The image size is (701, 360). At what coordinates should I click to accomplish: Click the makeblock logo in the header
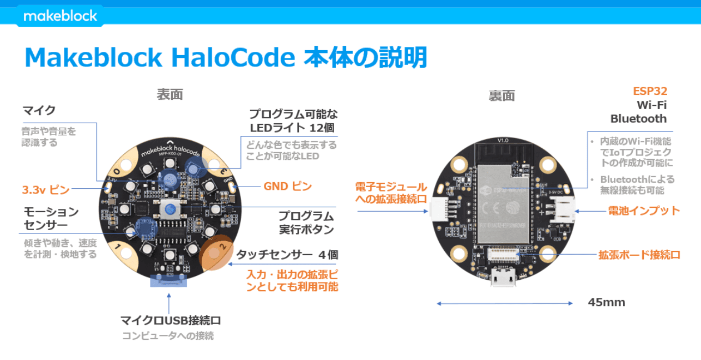tap(60, 16)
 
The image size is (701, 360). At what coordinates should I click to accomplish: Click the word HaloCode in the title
tap(233, 58)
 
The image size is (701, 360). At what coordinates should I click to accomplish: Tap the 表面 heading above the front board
tap(170, 94)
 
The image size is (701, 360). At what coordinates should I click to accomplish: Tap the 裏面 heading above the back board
tap(501, 96)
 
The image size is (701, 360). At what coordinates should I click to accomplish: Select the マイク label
tap(39, 110)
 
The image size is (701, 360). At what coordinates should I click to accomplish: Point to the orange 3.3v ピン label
tap(46, 190)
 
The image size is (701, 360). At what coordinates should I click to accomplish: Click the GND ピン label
tap(288, 186)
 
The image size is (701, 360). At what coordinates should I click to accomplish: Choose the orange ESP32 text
tap(650, 91)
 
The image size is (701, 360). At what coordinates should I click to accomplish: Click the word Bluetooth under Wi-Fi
tap(638, 119)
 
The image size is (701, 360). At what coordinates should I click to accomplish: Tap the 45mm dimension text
tap(607, 302)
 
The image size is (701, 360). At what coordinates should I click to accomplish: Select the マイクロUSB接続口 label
tap(171, 321)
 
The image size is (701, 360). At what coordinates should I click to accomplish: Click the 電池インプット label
tap(644, 211)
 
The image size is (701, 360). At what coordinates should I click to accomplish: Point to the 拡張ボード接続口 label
tap(639, 255)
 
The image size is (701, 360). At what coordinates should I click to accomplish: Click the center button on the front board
tap(170, 209)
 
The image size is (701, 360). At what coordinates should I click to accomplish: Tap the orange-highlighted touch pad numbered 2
tap(216, 253)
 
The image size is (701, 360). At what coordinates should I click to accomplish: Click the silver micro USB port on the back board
tap(503, 277)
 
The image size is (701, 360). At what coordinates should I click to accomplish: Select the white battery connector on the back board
tap(562, 210)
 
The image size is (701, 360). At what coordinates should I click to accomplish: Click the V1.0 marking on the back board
tap(503, 140)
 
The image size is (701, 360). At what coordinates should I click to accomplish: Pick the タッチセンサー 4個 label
tap(287, 255)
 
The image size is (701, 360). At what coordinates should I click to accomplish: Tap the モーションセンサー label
tap(51, 219)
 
